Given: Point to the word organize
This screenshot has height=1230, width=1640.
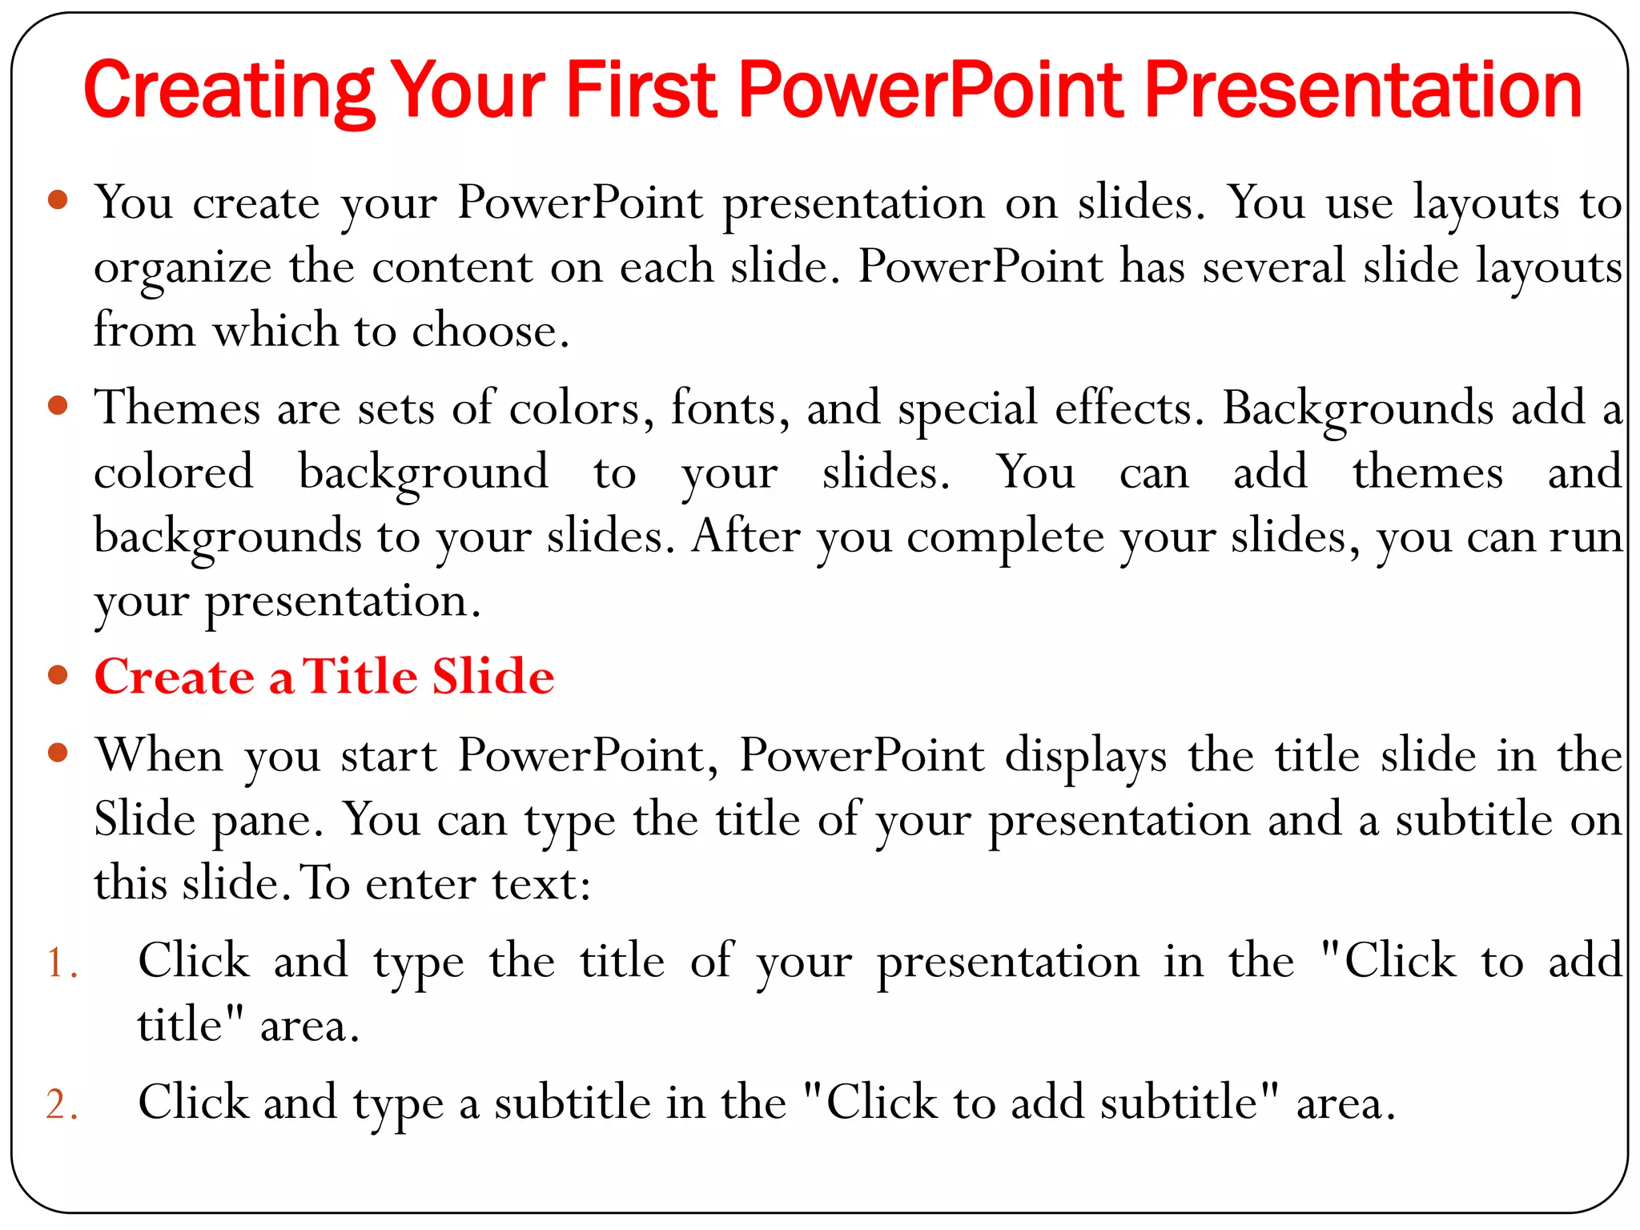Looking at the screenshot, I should (x=183, y=267).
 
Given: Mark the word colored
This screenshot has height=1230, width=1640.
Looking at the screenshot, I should (x=174, y=472).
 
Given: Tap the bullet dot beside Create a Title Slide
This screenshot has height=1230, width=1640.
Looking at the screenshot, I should (x=58, y=675).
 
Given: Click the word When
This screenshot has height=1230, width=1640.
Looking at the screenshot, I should (x=159, y=755).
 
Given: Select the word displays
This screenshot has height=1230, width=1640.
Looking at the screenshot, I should (x=1085, y=757).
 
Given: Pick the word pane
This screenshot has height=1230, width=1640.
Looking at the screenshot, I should (x=267, y=821).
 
